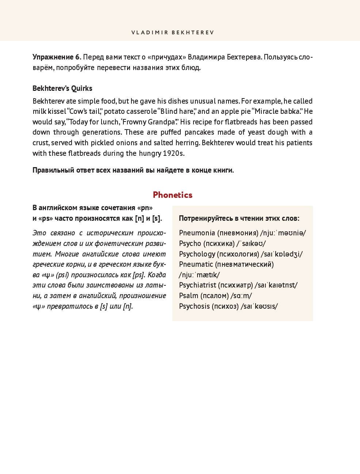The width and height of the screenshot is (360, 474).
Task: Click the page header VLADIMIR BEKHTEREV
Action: coord(172,32)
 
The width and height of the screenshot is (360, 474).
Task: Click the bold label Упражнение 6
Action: coord(57,57)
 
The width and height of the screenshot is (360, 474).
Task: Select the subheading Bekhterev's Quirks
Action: coord(62,88)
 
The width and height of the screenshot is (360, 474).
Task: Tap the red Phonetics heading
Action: coord(173,195)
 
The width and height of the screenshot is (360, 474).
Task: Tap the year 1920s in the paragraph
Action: coord(173,153)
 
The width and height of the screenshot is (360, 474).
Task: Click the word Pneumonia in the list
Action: coord(197,233)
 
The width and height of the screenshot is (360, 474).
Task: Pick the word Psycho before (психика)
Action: coord(190,243)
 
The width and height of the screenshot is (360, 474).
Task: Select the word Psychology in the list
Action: coord(197,254)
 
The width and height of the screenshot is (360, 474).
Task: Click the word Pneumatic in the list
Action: coord(196,264)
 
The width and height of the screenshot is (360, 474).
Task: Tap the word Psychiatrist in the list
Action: coord(198,285)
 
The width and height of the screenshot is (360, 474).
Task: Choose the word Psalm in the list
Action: coord(188,296)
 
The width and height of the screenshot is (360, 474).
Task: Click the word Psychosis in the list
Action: coord(194,306)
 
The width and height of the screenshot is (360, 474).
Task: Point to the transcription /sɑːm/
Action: coord(241,296)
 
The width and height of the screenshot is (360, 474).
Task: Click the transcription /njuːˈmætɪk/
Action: coord(199,275)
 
